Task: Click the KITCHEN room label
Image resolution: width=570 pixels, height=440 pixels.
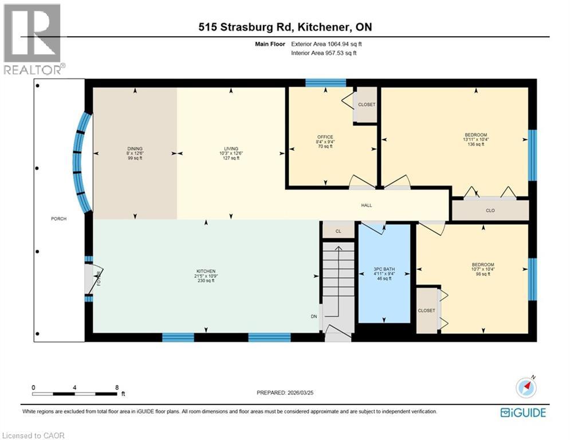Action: (x=206, y=270)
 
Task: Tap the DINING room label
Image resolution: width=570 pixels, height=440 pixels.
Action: (x=135, y=148)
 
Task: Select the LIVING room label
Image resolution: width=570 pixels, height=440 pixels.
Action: (x=231, y=148)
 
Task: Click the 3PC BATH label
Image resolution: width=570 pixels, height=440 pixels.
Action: (x=384, y=269)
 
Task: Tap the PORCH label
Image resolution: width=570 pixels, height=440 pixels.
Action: (x=58, y=219)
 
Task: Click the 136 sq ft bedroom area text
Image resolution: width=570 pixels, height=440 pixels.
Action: (x=475, y=144)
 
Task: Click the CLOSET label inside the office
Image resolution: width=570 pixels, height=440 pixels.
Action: (x=367, y=105)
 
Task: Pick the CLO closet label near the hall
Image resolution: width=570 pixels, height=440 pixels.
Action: (x=490, y=210)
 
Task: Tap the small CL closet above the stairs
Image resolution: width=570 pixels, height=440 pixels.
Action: (x=338, y=231)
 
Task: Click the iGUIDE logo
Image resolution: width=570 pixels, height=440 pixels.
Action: (x=522, y=412)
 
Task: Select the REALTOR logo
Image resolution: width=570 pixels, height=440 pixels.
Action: (x=33, y=39)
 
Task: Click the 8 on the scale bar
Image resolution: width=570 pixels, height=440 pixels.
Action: (x=117, y=387)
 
